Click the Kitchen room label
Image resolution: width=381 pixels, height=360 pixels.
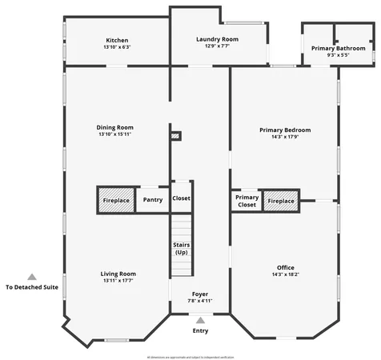point(117,40)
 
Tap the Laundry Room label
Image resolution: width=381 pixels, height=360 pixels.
point(218,39)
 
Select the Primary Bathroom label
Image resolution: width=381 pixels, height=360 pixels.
point(339,48)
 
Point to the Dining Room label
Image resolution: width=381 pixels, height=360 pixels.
point(114,127)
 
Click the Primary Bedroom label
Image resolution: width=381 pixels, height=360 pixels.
point(285,130)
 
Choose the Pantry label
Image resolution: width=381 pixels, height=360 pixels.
point(152,199)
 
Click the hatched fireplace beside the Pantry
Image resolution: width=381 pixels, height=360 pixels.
point(114,199)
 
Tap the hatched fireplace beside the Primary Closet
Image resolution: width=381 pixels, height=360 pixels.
point(281,200)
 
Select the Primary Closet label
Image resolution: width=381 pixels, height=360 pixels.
point(247,201)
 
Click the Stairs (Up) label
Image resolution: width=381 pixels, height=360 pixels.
point(182,248)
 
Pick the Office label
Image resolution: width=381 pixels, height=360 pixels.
point(286,267)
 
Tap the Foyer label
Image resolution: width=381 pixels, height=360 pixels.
point(200,294)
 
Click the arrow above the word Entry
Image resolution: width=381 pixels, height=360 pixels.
point(200,320)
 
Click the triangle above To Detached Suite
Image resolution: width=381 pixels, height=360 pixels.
point(32,276)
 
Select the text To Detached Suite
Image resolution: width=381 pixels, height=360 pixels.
point(32,287)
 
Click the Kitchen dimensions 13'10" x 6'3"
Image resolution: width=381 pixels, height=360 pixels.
point(117,47)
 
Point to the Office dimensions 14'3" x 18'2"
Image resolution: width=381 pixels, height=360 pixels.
point(286,274)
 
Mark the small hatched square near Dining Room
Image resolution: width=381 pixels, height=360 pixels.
point(175,137)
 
